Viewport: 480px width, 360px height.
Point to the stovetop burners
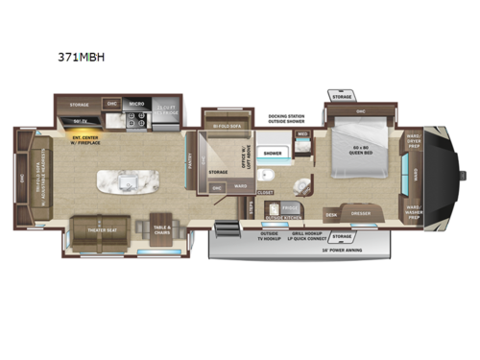point(135,121)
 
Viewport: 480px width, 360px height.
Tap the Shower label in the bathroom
point(273,153)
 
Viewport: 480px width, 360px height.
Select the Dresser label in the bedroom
point(361,214)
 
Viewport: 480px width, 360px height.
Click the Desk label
point(331,214)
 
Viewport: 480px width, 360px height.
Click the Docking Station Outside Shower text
point(287,117)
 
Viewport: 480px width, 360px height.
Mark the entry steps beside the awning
point(227,232)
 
